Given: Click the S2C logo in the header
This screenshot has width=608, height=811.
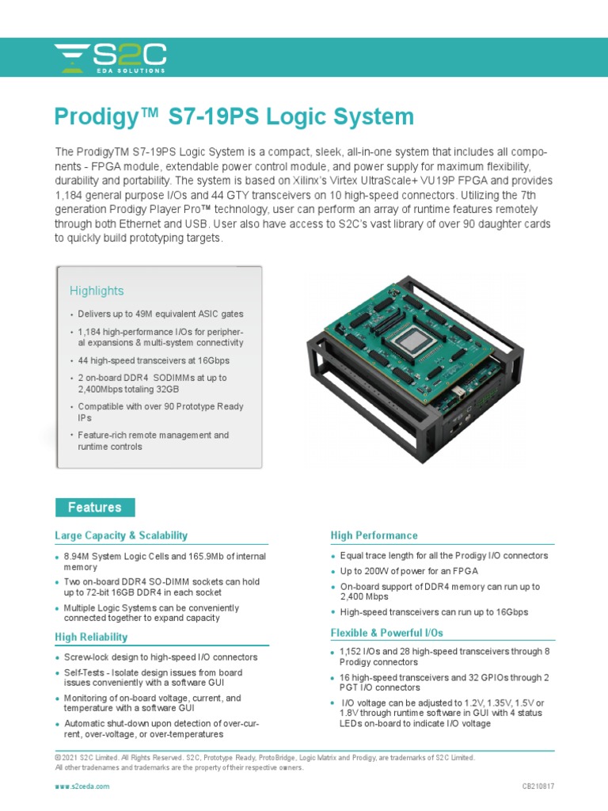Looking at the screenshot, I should pos(110,59).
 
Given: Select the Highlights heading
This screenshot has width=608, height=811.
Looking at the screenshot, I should pos(97,291).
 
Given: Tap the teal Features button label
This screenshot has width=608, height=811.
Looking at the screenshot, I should pos(95,508).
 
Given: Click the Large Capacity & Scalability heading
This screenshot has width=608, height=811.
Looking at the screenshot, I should pos(121,535).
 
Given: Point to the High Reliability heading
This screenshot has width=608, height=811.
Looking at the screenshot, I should pos(91,637).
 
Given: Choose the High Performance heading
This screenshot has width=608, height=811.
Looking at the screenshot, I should pos(374,535).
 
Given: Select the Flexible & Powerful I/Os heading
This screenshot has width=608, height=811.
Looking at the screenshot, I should pos(386,633).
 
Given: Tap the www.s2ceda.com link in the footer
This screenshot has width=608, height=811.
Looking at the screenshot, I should pos(82,786).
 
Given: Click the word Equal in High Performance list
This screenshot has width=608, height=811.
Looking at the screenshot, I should pos(353,555).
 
